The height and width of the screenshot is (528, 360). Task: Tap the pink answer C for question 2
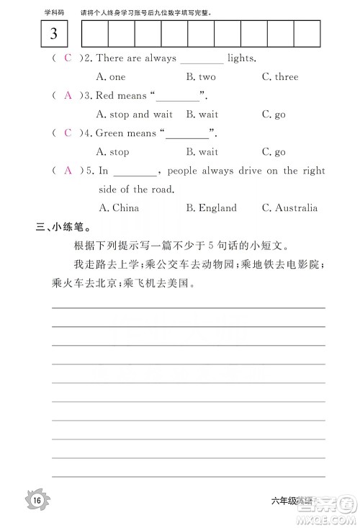pyautogui.click(x=68, y=58)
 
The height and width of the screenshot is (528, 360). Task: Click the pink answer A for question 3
pyautogui.click(x=68, y=95)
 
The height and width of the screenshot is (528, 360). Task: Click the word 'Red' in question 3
pyautogui.click(x=105, y=95)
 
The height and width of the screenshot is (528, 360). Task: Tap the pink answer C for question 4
pyautogui.click(x=68, y=133)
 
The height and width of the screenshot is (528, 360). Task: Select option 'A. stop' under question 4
pyautogui.click(x=113, y=152)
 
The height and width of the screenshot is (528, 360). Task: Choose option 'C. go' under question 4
pyautogui.click(x=274, y=152)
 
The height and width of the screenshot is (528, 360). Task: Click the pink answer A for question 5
pyautogui.click(x=68, y=171)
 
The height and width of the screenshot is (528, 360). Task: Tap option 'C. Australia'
pyautogui.click(x=289, y=207)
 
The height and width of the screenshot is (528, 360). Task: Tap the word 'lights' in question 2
pyautogui.click(x=241, y=58)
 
